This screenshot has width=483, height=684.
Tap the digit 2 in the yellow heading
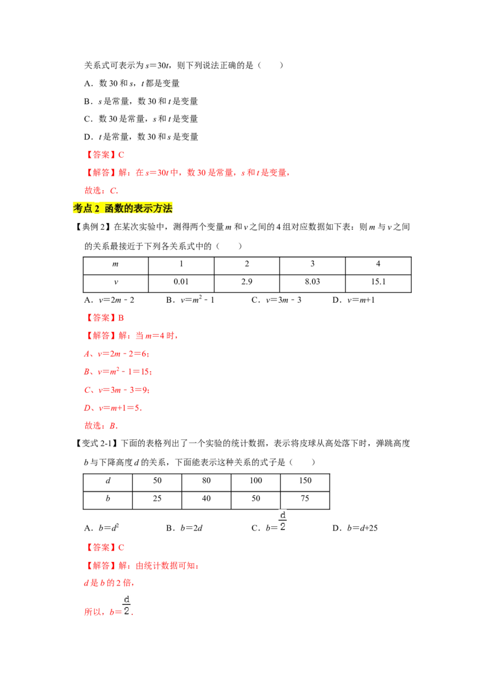coord(97,208)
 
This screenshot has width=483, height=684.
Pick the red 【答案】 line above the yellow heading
coord(106,155)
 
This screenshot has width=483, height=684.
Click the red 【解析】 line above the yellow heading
coord(188,173)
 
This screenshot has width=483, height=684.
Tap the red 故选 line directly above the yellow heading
coord(101,191)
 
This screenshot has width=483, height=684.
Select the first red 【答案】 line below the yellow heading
coord(106,317)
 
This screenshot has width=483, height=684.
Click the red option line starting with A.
coord(116,353)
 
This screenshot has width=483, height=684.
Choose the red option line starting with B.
coord(118,372)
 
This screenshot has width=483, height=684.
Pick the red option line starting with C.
coord(116,390)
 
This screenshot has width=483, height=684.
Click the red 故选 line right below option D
coord(101,425)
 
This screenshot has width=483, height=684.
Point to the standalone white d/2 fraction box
coord(283,520)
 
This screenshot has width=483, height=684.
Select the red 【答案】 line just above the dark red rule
coord(106,547)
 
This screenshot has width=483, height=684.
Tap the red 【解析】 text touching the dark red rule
coord(142,566)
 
